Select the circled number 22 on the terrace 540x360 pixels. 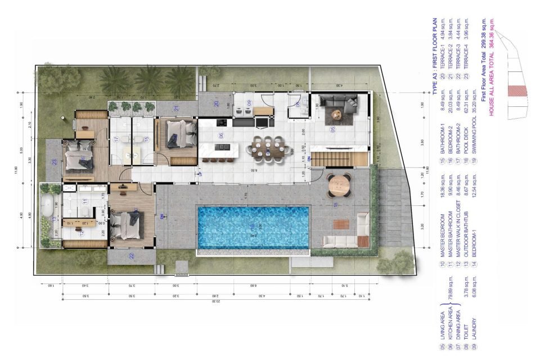(131, 256)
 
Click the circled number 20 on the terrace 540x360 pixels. (216, 103)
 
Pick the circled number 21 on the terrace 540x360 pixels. (176, 108)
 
